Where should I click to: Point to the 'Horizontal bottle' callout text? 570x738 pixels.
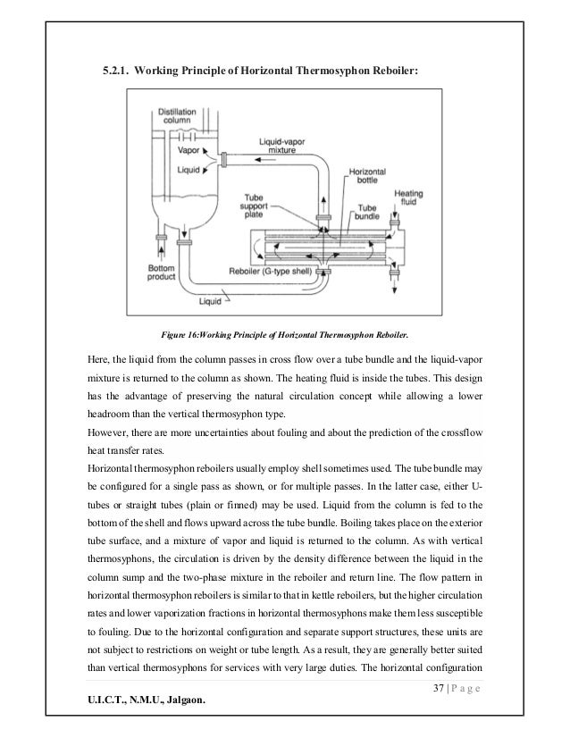coord(365,178)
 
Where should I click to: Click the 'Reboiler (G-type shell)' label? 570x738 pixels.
coord(261,273)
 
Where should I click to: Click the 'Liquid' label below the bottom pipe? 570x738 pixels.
coord(210,302)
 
